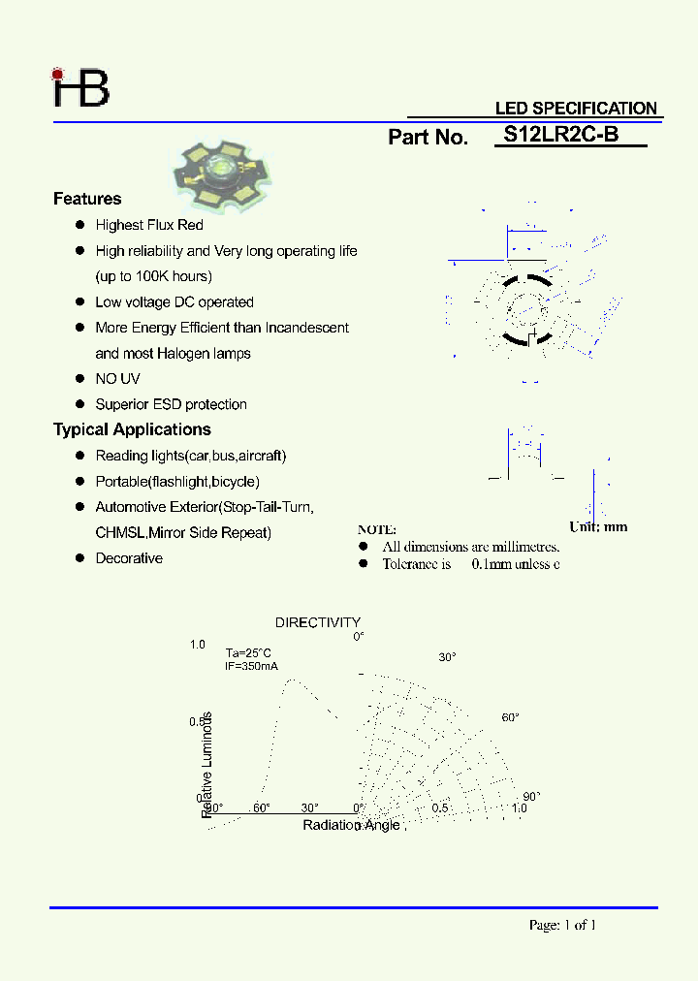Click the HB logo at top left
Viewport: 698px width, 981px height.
[81, 87]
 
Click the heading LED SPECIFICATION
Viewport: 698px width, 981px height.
[576, 109]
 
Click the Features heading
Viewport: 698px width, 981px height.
[87, 199]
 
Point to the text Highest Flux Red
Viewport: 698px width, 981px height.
[149, 225]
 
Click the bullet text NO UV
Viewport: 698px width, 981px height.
[117, 379]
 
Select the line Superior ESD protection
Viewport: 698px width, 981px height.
[171, 404]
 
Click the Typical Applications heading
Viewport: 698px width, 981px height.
[132, 429]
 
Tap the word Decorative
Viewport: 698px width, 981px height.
[129, 558]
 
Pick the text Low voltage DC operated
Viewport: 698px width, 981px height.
[174, 302]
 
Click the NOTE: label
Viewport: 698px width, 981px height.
[377, 529]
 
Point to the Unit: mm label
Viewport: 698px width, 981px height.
[598, 526]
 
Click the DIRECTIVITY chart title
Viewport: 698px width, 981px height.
[318, 622]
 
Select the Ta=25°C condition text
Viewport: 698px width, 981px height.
[248, 652]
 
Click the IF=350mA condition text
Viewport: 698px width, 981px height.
[251, 666]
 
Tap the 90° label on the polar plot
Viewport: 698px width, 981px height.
[530, 796]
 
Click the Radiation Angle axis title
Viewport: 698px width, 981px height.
[351, 825]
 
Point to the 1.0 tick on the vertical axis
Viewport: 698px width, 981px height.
[198, 645]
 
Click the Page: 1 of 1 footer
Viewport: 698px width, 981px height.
[562, 925]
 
